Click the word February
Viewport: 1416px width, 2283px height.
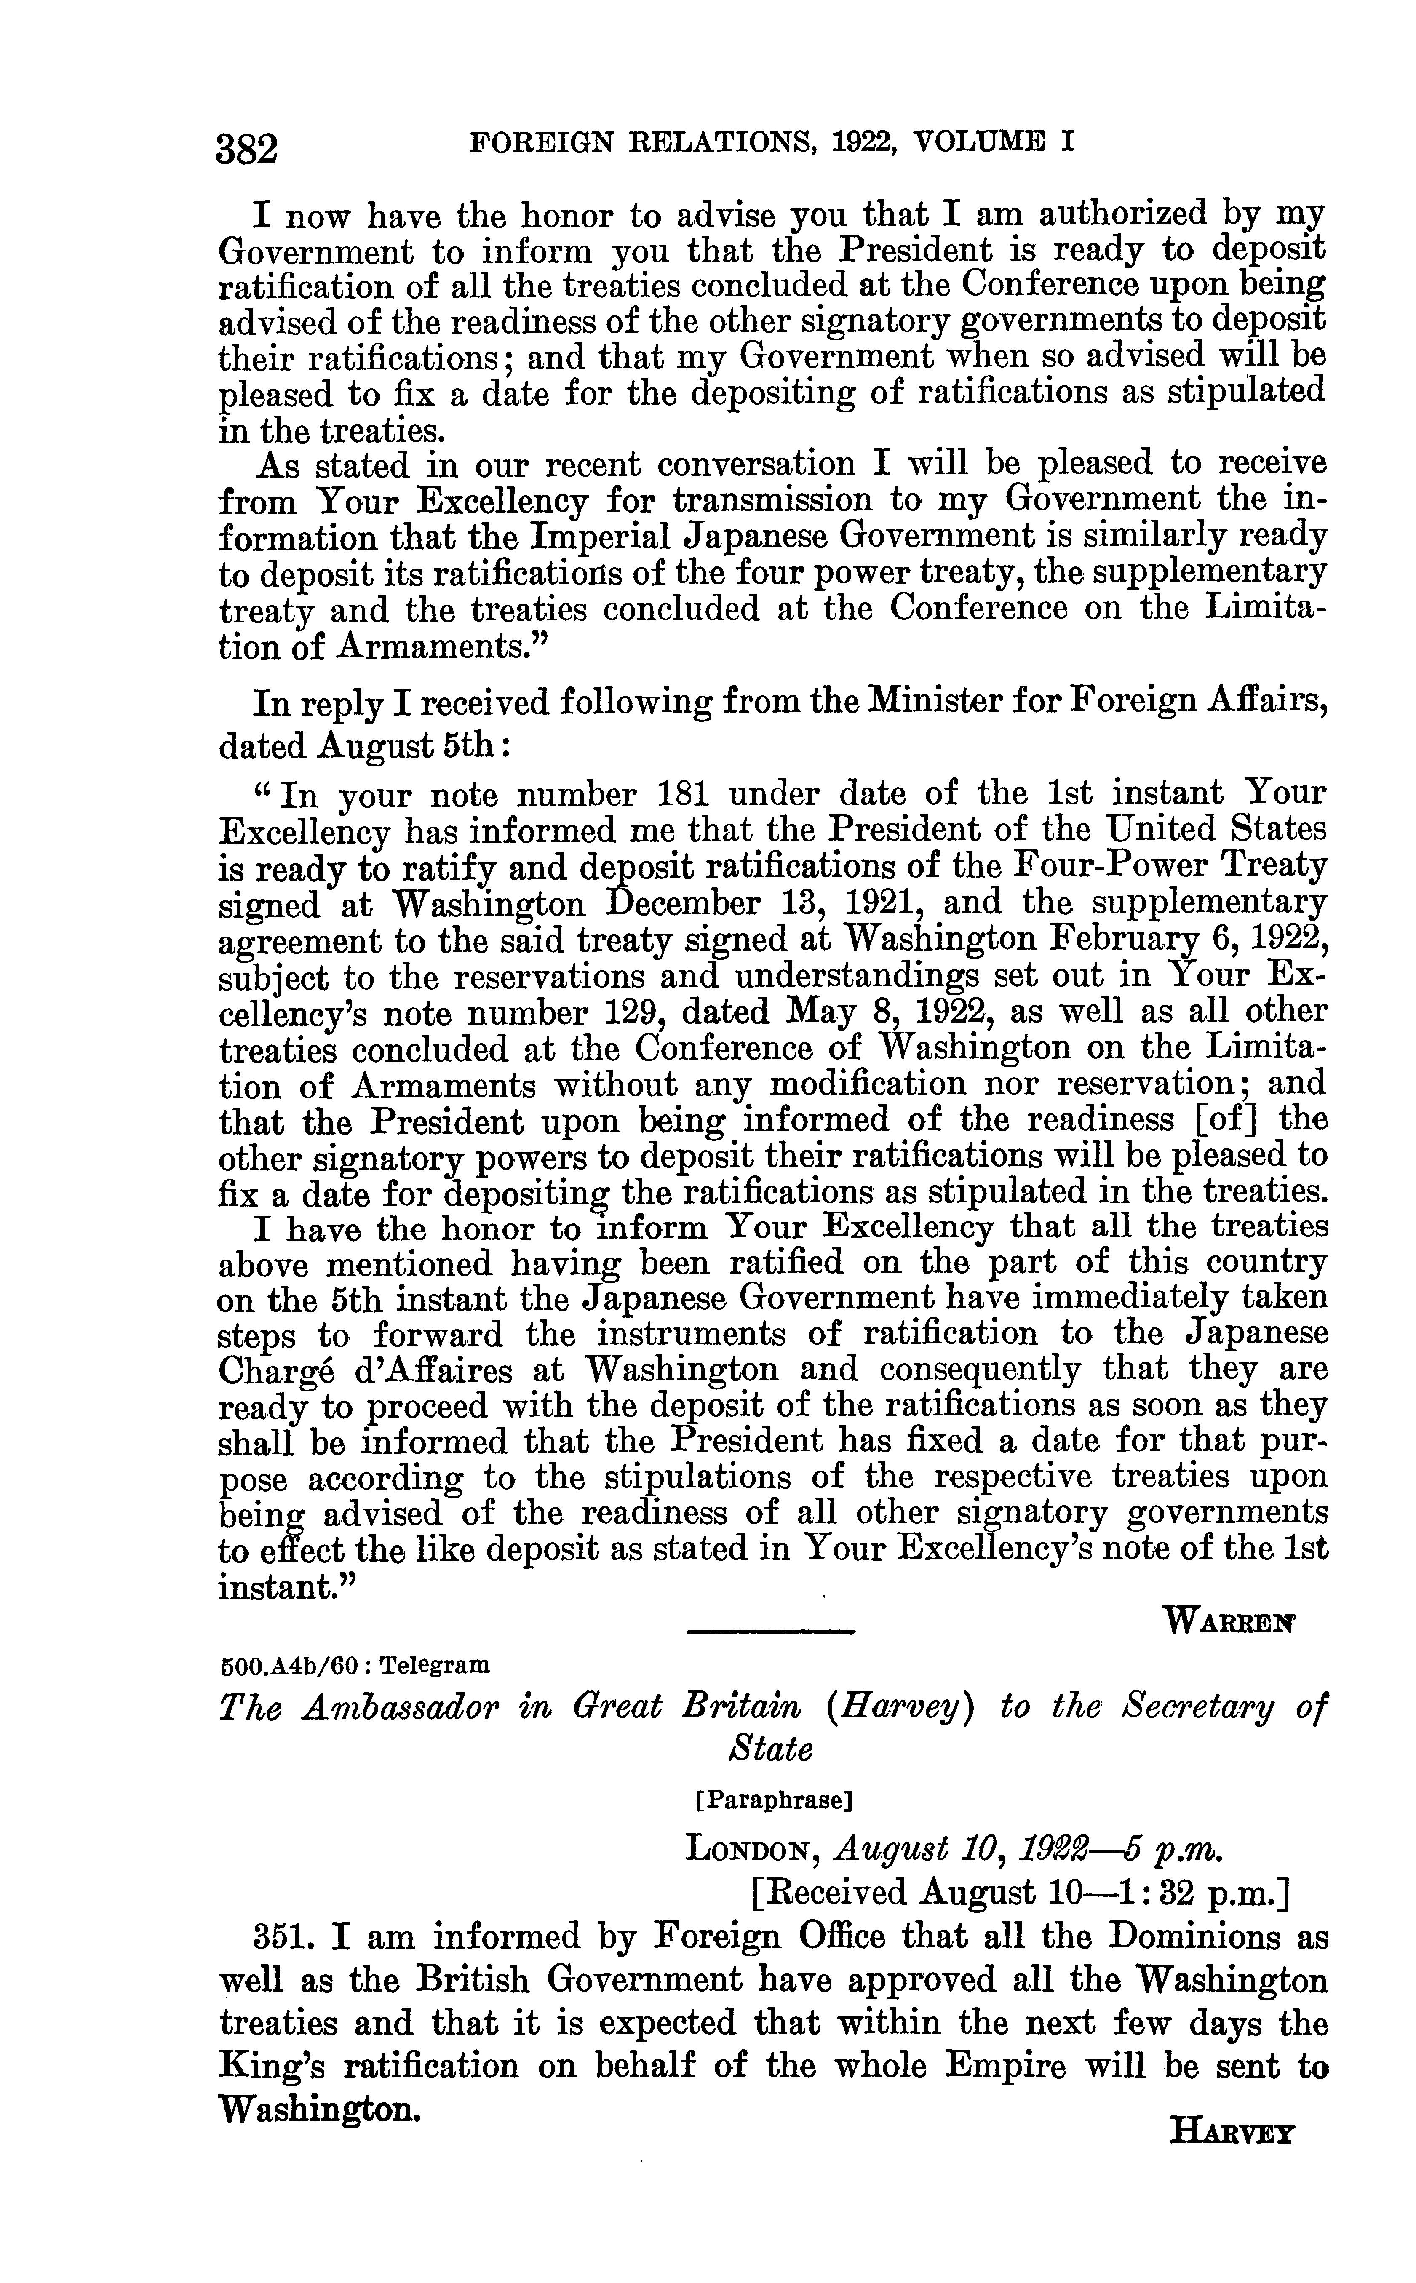1133,939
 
